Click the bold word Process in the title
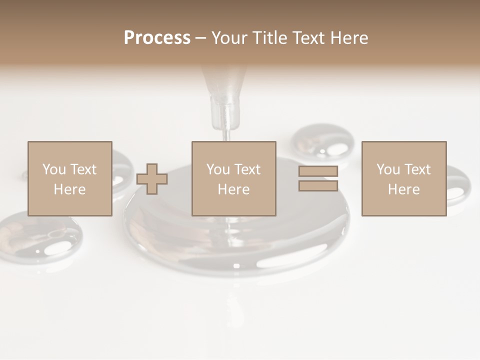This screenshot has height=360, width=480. pyautogui.click(x=157, y=38)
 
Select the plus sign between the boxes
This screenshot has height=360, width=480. pyautogui.click(x=152, y=179)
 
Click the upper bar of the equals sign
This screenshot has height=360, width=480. pyautogui.click(x=318, y=171)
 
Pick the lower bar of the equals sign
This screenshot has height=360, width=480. pyautogui.click(x=318, y=185)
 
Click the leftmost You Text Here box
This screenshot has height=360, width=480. pyautogui.click(x=69, y=178)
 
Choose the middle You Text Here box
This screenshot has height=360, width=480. pyautogui.click(x=233, y=178)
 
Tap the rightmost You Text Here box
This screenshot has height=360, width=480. pyautogui.click(x=403, y=178)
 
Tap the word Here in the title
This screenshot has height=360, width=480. pyautogui.click(x=349, y=38)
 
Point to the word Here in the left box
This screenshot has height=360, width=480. pyautogui.click(x=69, y=189)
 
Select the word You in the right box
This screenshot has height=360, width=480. pyautogui.click(x=387, y=169)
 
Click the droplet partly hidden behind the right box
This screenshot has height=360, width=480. pyautogui.click(x=457, y=184)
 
